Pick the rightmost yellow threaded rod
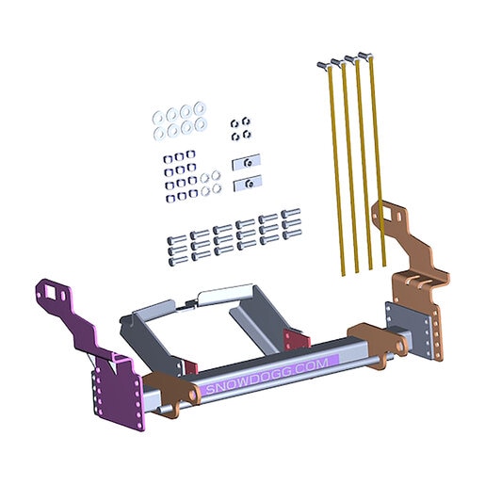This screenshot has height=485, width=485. pos(378,161)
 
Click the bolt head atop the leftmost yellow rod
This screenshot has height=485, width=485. pos(323,65)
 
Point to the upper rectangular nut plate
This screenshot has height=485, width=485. pos(247,162)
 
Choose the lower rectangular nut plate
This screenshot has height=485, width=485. pos(248,183)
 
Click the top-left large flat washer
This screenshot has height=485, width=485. pos(158,118)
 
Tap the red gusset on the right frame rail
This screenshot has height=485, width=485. pos(295,340)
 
